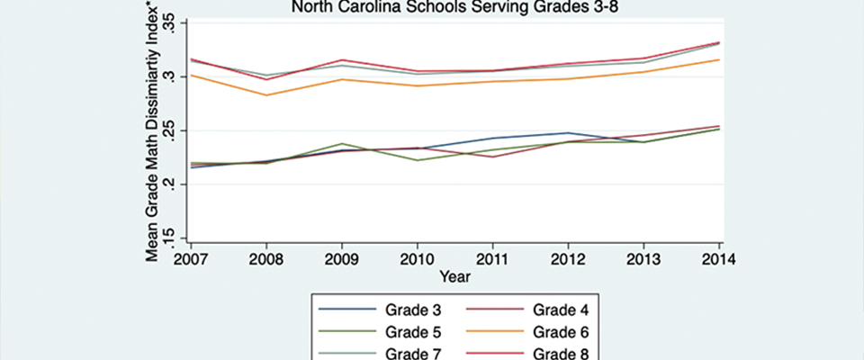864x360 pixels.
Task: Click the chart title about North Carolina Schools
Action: [x=455, y=7]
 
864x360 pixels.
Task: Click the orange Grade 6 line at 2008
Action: [x=265, y=94]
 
